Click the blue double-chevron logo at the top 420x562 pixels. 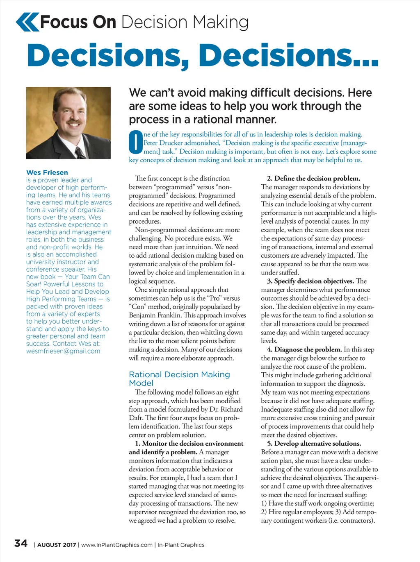27,22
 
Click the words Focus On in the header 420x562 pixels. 78,22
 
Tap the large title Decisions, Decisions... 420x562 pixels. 203,56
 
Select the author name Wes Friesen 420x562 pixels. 47,172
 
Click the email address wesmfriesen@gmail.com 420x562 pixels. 63,351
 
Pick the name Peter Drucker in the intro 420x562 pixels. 161,143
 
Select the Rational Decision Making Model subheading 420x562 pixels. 179,378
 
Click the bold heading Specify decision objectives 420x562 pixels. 314,281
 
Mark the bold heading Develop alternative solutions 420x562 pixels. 317,444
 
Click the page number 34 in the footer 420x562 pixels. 21,544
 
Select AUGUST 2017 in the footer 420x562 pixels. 57,545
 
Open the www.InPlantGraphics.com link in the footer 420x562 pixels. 117,545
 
